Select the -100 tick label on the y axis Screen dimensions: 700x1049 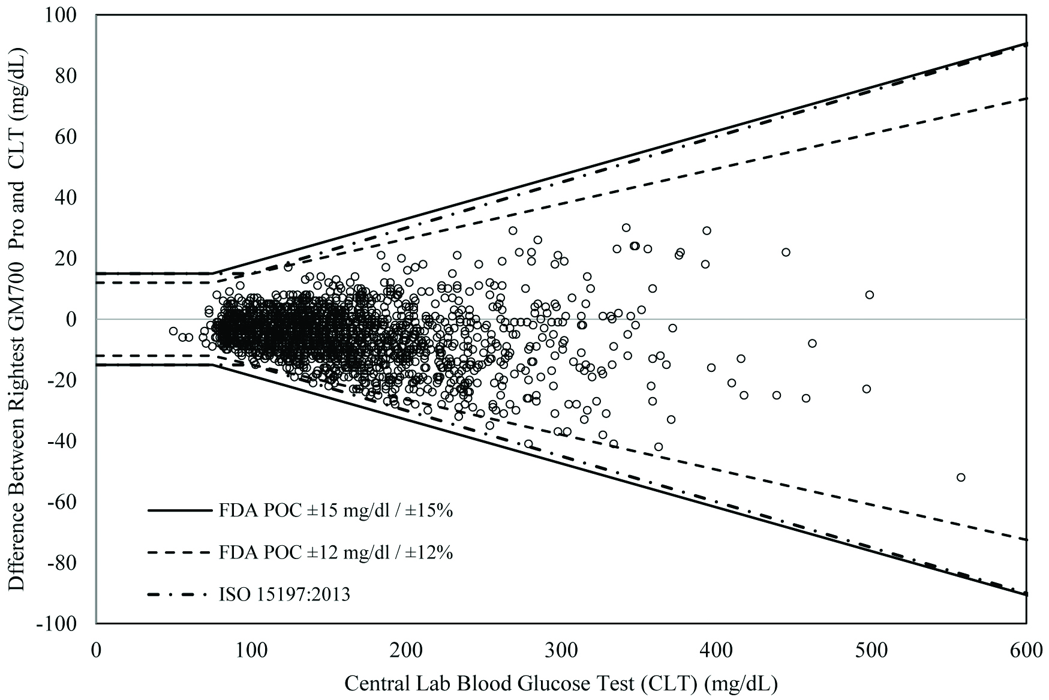tap(65, 624)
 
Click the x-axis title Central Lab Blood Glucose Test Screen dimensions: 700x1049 tap(561, 682)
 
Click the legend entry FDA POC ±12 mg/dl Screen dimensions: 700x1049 tap(336, 552)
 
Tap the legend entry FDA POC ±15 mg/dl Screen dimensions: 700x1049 tap(336, 511)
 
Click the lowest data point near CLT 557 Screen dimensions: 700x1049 tap(960, 477)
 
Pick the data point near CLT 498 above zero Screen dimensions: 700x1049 tap(869, 295)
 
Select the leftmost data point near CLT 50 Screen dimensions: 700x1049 tap(173, 331)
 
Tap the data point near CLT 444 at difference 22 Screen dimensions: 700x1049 tap(786, 252)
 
